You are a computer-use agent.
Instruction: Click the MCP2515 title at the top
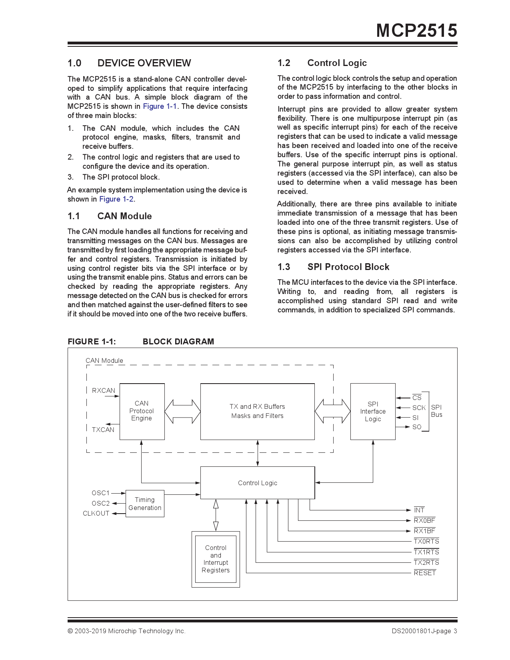coord(416,31)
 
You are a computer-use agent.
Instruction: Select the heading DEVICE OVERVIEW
coord(144,63)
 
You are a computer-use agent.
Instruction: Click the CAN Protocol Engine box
coord(142,411)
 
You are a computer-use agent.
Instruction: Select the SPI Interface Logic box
coord(372,412)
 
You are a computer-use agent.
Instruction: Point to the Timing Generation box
coord(145,504)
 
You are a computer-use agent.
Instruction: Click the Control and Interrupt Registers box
coord(216,559)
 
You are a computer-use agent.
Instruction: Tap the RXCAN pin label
coord(103,391)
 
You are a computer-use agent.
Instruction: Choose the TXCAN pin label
coord(103,430)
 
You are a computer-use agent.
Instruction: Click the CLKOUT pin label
coord(96,514)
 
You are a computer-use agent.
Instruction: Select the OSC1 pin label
coord(100,493)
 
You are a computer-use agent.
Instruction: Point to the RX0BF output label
coord(424,521)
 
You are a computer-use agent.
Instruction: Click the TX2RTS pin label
coord(426,563)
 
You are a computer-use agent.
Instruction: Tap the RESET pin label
coord(424,573)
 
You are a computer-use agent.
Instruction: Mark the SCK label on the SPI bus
coord(419,408)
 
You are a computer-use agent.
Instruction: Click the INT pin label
coord(419,510)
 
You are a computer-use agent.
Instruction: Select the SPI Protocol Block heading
coord(348,267)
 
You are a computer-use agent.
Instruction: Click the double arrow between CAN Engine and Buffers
coord(182,412)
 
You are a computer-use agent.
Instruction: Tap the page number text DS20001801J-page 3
coord(424,631)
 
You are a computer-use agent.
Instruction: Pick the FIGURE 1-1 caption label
coord(92,342)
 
